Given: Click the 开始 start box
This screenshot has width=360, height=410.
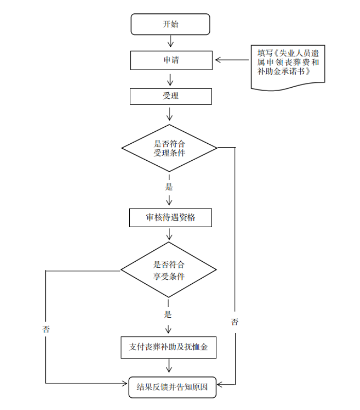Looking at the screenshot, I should pos(170,24).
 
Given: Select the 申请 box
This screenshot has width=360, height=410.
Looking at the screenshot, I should pos(170,60).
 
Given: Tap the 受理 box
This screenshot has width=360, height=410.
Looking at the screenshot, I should pos(170,96).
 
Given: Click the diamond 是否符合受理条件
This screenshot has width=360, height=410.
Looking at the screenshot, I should pos(169,148).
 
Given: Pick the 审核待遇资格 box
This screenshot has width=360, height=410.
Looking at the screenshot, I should pos(170,218).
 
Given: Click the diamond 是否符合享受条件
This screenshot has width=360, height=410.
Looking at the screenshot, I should pos(169,270).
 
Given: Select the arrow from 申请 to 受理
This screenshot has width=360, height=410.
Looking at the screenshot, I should pos(170,78).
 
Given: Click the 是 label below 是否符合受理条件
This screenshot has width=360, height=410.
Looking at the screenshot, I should pos(168,186).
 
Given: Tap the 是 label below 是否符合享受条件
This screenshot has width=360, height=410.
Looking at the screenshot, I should pos(168,314).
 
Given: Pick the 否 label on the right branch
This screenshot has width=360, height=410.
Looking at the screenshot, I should pos(235,322).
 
